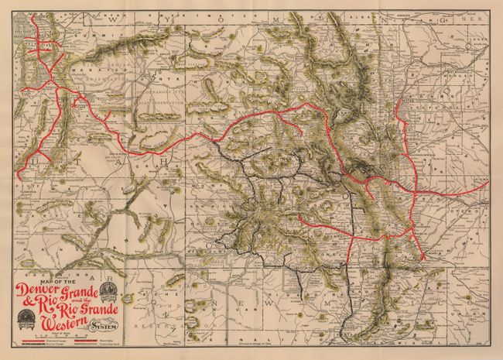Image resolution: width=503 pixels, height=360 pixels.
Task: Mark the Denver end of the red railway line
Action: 399,120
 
